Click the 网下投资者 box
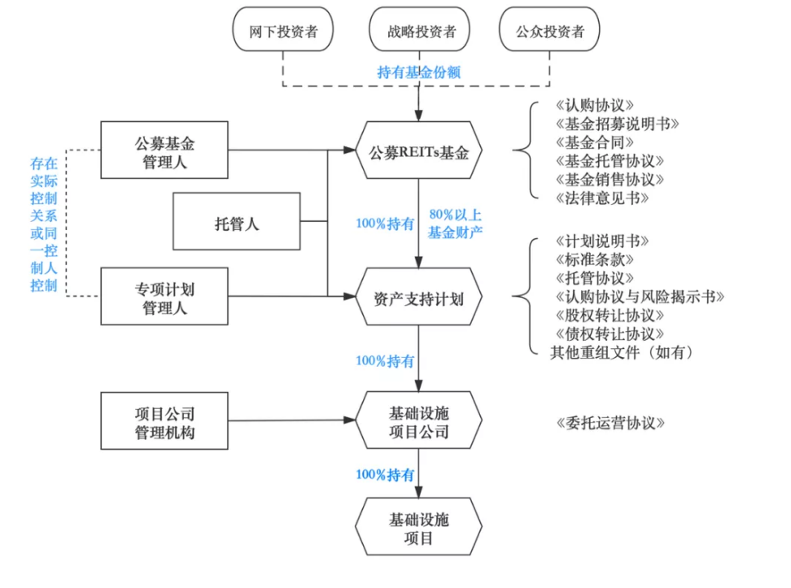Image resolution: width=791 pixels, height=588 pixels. (x=283, y=33)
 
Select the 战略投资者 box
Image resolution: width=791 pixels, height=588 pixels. (x=418, y=33)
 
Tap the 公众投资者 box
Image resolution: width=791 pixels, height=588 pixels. (x=550, y=33)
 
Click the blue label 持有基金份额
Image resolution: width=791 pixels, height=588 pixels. (x=418, y=72)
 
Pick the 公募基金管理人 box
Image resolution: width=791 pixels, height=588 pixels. (x=164, y=150)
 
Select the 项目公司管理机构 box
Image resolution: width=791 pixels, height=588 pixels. (x=164, y=420)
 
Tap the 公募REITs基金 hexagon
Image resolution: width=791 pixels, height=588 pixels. (x=418, y=151)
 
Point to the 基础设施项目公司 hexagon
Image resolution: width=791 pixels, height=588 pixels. (x=418, y=420)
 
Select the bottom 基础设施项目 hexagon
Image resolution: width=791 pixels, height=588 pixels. (x=418, y=528)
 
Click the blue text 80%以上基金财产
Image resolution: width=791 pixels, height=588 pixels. (x=456, y=224)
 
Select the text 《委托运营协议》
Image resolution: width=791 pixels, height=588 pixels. (x=610, y=423)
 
